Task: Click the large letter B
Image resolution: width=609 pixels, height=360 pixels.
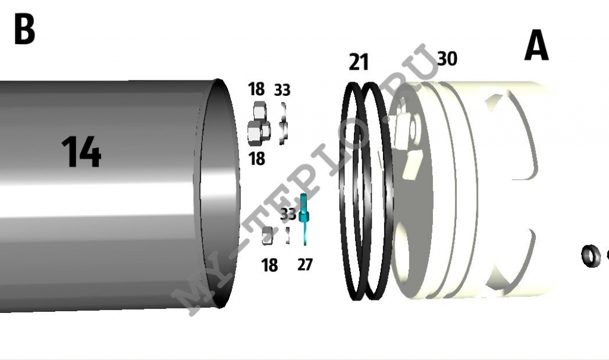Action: click(x=24, y=29)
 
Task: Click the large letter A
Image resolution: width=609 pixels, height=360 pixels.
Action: click(x=536, y=45)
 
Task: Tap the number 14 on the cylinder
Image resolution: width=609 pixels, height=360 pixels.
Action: click(x=81, y=152)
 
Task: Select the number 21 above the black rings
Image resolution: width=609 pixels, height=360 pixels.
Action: click(x=359, y=62)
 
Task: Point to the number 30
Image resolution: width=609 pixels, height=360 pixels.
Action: click(x=447, y=58)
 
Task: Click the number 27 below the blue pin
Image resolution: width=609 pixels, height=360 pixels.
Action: click(x=305, y=265)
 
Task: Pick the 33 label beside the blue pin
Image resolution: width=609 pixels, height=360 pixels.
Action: click(x=288, y=214)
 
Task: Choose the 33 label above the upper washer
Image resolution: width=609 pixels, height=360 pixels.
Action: click(x=282, y=90)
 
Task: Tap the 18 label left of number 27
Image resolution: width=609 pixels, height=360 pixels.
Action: click(x=269, y=265)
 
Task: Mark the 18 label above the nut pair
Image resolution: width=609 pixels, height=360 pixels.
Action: click(x=256, y=89)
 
